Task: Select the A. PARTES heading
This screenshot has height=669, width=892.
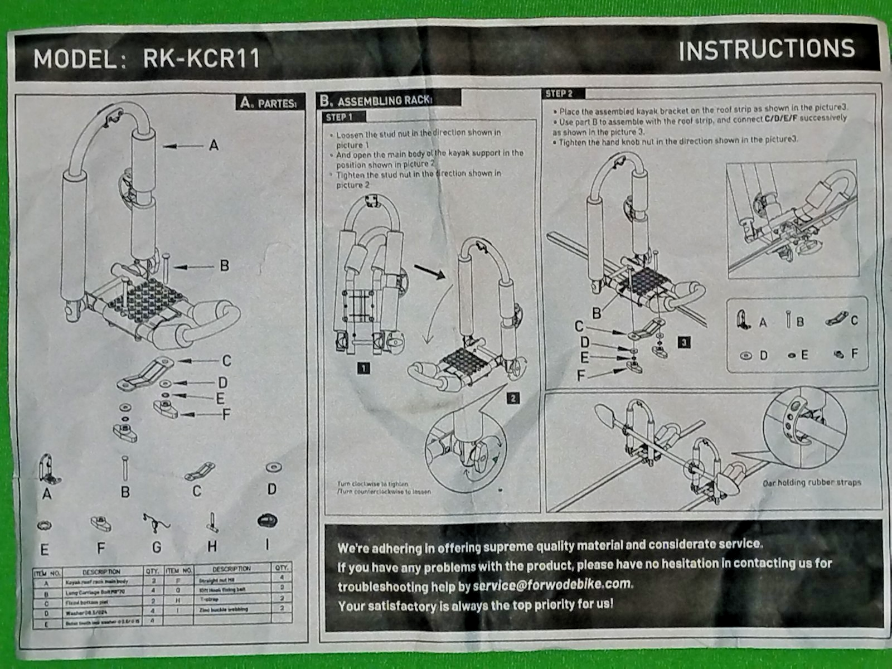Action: [269, 103]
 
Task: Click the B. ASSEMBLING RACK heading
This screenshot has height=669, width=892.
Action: [376, 101]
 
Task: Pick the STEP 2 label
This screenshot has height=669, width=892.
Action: [559, 94]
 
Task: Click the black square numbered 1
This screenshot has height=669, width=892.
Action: [363, 368]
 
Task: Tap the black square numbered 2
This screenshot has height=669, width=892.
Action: [513, 398]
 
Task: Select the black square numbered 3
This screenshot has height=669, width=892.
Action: [684, 342]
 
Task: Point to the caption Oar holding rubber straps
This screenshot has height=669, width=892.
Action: [812, 483]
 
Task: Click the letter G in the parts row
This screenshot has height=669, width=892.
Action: [157, 547]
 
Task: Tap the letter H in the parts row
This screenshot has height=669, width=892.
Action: [212, 546]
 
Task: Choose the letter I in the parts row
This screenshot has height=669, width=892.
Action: [267, 545]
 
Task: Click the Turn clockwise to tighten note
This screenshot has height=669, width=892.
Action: [372, 484]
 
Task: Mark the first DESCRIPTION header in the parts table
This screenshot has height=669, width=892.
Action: [101, 572]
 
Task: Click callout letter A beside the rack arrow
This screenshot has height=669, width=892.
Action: [214, 146]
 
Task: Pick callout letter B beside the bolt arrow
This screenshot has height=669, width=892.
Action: [224, 266]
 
